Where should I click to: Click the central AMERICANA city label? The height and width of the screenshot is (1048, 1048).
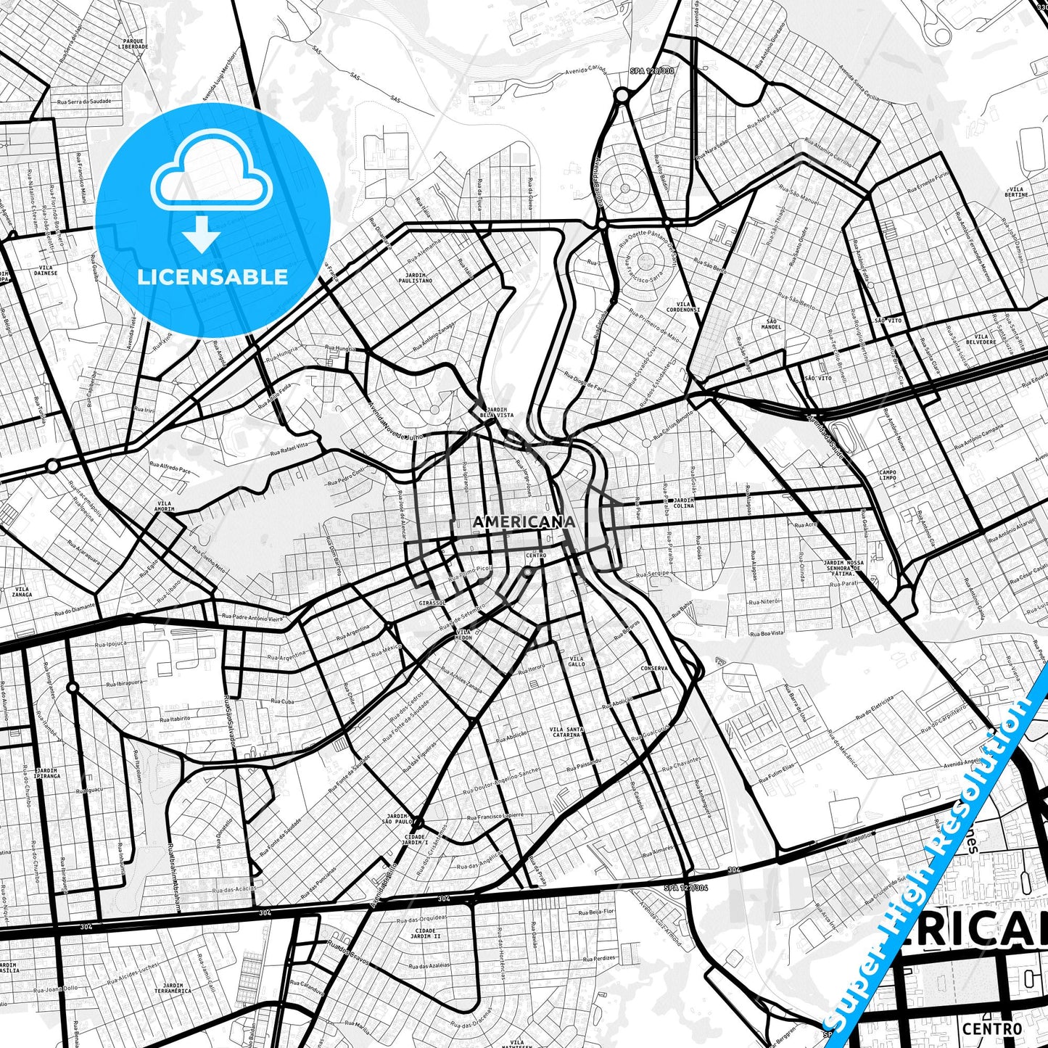click(524, 522)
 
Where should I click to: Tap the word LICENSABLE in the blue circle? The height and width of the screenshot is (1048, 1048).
click(213, 277)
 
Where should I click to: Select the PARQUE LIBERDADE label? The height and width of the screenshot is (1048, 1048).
click(133, 44)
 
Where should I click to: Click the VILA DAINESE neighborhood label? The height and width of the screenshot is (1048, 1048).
click(45, 271)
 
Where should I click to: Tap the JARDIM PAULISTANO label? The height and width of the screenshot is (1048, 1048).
click(415, 278)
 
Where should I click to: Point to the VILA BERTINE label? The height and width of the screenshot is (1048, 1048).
click(1016, 192)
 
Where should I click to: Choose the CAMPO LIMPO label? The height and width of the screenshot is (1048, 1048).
click(888, 475)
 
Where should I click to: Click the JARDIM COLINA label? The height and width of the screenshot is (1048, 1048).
click(683, 503)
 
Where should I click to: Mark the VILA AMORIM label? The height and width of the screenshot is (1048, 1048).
click(165, 506)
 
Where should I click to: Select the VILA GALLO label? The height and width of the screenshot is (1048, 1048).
click(577, 661)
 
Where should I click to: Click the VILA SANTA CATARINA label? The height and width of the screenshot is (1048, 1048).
click(566, 732)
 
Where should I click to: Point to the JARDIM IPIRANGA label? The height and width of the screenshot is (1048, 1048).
click(46, 773)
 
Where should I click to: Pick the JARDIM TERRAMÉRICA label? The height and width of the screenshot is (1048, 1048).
click(173, 988)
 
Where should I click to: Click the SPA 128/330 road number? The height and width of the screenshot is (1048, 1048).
click(652, 71)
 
